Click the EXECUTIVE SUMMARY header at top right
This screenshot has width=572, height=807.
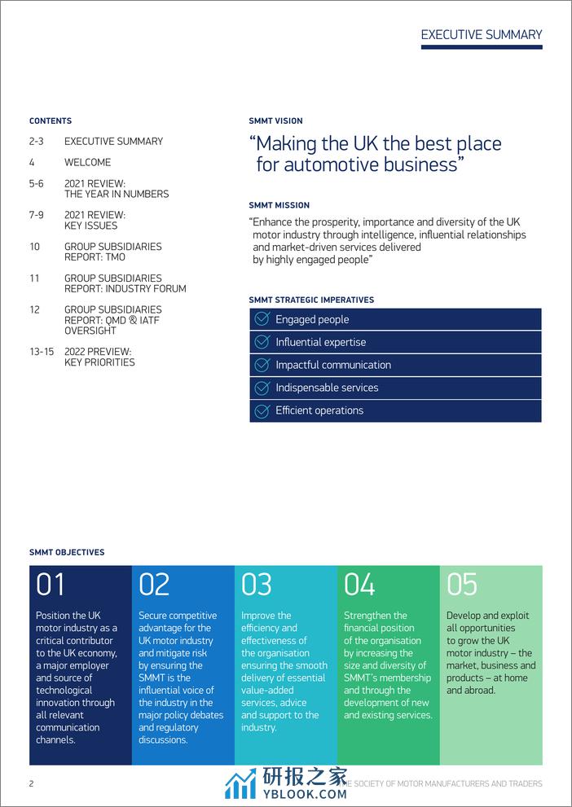click(481, 34)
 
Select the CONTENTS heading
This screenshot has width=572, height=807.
click(51, 121)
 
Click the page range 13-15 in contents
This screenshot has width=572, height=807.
click(41, 351)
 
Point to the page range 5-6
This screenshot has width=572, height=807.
click(36, 183)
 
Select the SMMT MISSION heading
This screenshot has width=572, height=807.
click(279, 205)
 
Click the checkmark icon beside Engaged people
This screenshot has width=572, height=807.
click(262, 319)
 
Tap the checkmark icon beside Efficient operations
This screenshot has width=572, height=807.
click(262, 410)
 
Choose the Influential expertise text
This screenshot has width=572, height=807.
click(320, 342)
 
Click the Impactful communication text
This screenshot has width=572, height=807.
click(332, 365)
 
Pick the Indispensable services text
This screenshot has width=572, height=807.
click(327, 388)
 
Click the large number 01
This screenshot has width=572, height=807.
click(50, 585)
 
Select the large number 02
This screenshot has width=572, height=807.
click(154, 585)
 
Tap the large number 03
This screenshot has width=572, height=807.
click(257, 585)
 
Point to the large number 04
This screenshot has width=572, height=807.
click(359, 585)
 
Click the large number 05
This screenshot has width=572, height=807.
click(462, 585)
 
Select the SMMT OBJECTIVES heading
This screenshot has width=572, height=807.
click(67, 552)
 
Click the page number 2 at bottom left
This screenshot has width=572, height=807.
click(31, 783)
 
